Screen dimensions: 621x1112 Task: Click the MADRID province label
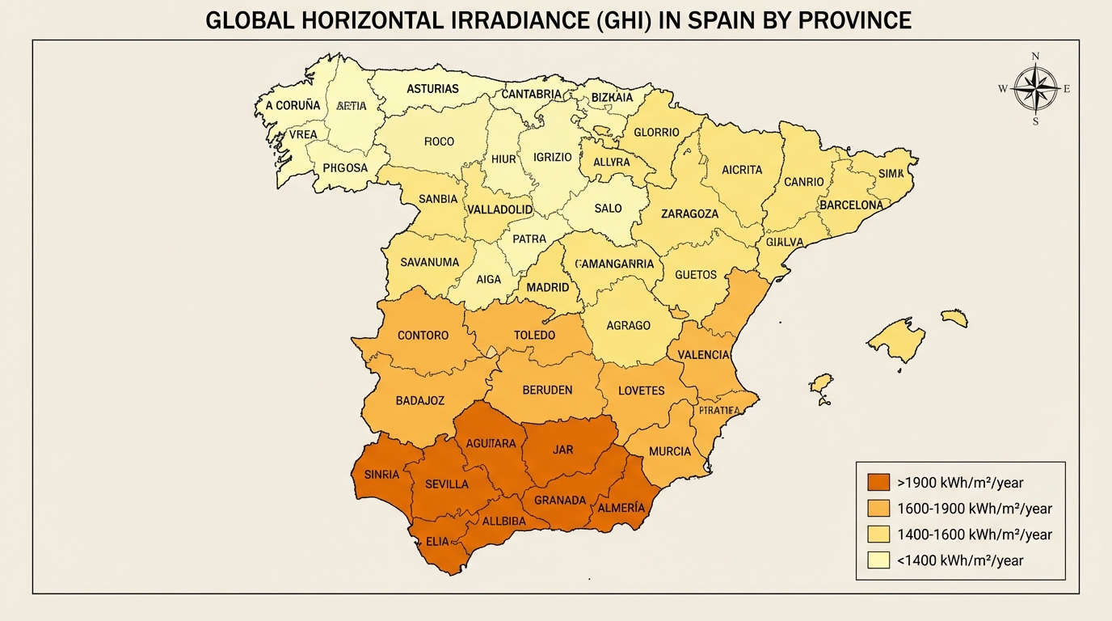(548, 287)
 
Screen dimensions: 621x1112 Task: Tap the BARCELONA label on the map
(851, 205)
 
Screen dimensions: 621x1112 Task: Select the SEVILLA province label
(446, 484)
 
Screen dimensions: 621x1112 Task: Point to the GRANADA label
(560, 501)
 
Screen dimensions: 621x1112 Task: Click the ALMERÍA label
(620, 508)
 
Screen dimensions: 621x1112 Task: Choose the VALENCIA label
(703, 355)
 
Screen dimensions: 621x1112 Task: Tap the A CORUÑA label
(293, 105)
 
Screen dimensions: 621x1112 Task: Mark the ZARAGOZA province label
(689, 214)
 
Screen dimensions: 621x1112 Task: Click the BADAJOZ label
(420, 400)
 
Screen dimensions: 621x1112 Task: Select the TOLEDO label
(534, 335)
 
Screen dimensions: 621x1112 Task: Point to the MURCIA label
(670, 451)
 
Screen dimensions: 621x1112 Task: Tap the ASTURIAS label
(433, 89)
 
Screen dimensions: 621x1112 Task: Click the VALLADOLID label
(500, 209)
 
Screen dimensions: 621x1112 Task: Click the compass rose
(1035, 89)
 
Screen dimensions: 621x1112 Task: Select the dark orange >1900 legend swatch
(878, 483)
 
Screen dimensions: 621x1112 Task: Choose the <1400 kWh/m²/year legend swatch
(878, 560)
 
